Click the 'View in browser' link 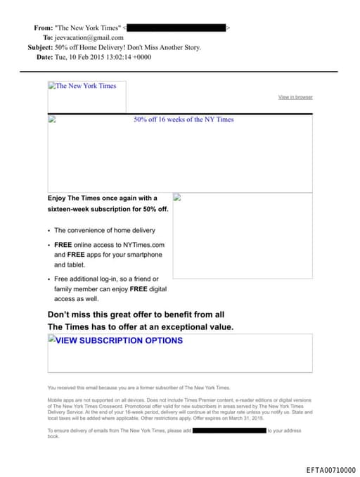(295, 97)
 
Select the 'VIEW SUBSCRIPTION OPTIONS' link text (119, 341)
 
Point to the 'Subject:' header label (39, 47)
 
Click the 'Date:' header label (44, 57)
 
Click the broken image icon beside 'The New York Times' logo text (51, 86)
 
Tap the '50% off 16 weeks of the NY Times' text (184, 120)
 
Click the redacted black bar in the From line (176, 27)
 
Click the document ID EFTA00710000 (331, 470)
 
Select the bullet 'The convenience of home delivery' (105, 230)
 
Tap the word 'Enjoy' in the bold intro (56, 198)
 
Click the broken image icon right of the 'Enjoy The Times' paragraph (177, 198)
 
